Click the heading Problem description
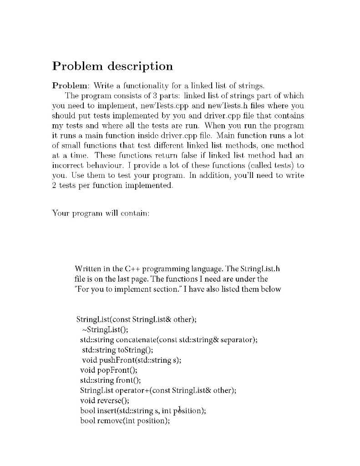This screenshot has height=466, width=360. point(113,66)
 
